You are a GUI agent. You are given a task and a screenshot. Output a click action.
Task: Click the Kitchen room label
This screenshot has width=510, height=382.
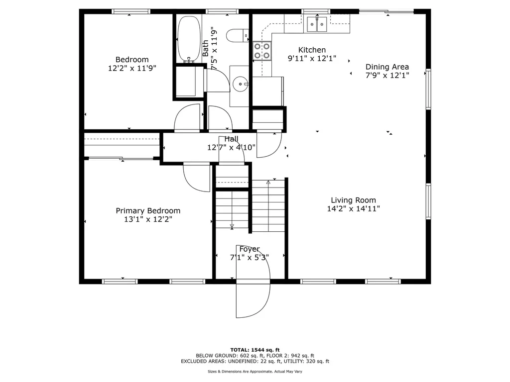312,50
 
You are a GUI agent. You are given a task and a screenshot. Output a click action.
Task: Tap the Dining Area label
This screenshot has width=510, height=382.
387,67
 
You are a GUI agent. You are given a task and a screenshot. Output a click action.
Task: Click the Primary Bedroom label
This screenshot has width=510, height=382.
148,211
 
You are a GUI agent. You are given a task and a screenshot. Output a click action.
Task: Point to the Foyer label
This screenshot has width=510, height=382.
249,249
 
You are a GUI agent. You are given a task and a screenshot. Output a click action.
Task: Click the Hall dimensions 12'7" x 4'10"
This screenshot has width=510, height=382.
231,147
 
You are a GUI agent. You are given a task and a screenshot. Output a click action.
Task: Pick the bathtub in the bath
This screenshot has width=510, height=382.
188,39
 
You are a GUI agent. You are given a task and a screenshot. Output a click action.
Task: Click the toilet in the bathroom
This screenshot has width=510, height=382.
237,36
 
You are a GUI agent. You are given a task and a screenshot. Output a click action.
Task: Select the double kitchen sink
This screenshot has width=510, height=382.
316,23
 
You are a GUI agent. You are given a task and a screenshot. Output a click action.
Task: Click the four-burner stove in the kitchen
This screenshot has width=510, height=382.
262,51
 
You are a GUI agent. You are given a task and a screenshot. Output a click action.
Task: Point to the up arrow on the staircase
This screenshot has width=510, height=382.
268,183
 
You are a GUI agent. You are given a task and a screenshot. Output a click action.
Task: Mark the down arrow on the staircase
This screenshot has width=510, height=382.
232,226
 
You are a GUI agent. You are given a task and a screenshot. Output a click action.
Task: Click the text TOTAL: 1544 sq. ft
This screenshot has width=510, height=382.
255,349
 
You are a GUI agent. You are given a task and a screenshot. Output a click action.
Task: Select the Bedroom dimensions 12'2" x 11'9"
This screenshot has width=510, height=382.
132,69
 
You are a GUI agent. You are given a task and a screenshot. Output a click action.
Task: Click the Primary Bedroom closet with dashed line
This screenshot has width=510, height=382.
122,145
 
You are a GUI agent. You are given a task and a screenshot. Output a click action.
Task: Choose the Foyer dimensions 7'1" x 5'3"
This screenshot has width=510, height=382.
249,258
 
